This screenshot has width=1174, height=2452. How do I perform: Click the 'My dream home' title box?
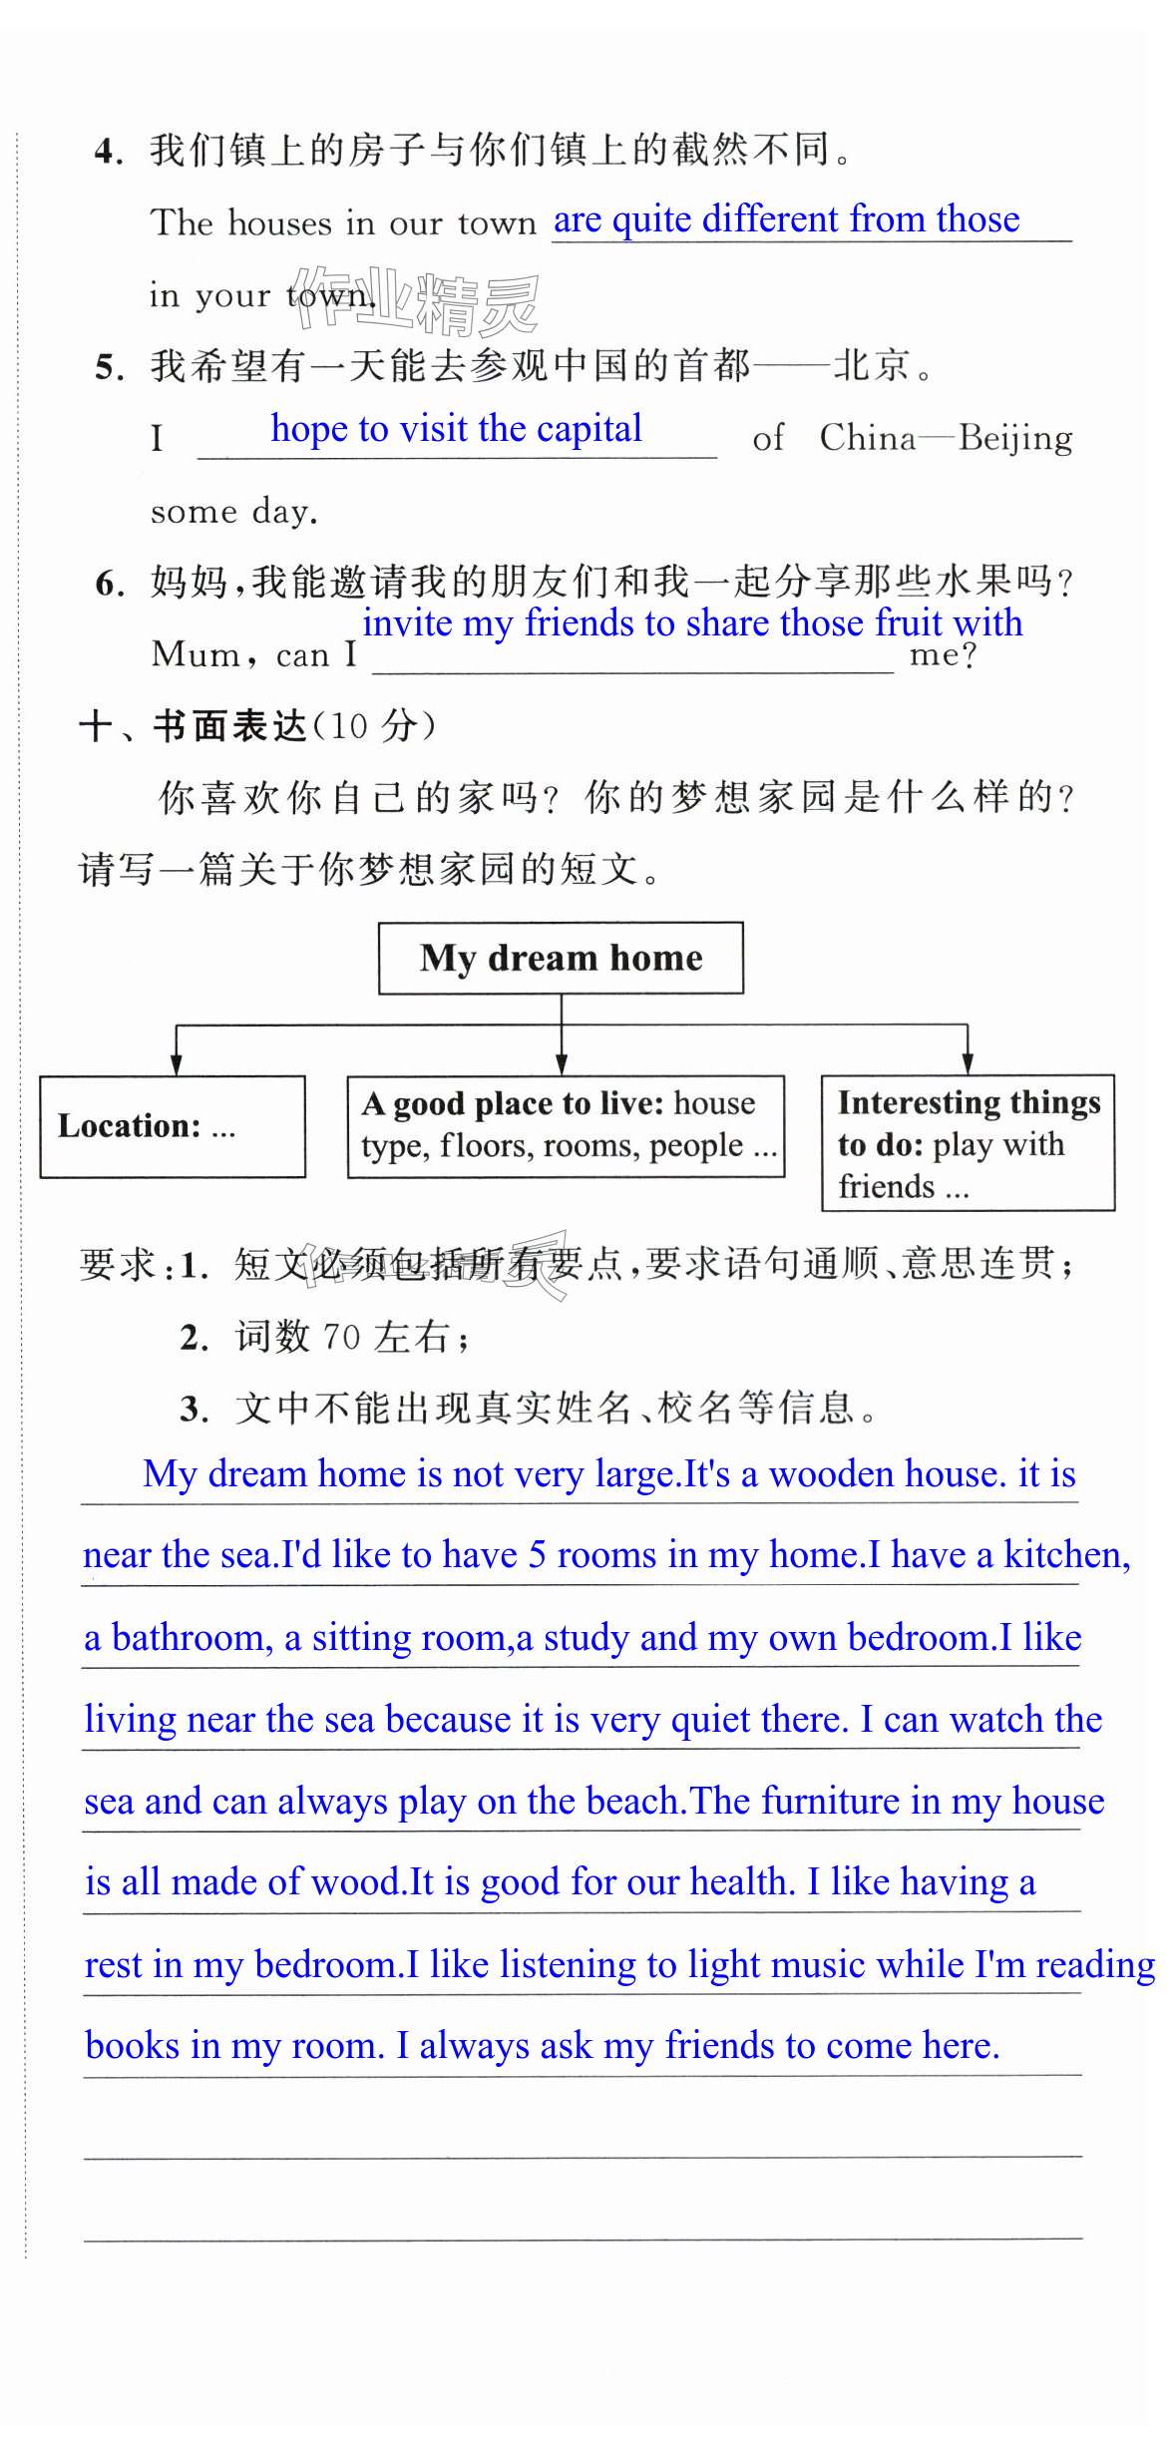coord(561,958)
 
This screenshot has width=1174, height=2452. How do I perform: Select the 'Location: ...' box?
coord(173,1126)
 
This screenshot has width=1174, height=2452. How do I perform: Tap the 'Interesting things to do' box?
coord(968,1143)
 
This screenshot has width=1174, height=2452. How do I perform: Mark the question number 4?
coord(108,152)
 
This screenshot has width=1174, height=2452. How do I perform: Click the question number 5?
coord(108,368)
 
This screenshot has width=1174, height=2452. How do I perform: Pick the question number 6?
coord(108,584)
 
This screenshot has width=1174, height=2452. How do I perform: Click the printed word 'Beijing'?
coord(1015,438)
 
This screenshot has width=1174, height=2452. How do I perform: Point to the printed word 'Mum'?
coord(196,655)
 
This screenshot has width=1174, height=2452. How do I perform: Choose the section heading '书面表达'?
coord(229,726)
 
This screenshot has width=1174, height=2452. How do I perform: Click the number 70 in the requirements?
coord(341,1337)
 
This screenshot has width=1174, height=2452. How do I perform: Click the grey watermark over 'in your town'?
coord(417,300)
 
